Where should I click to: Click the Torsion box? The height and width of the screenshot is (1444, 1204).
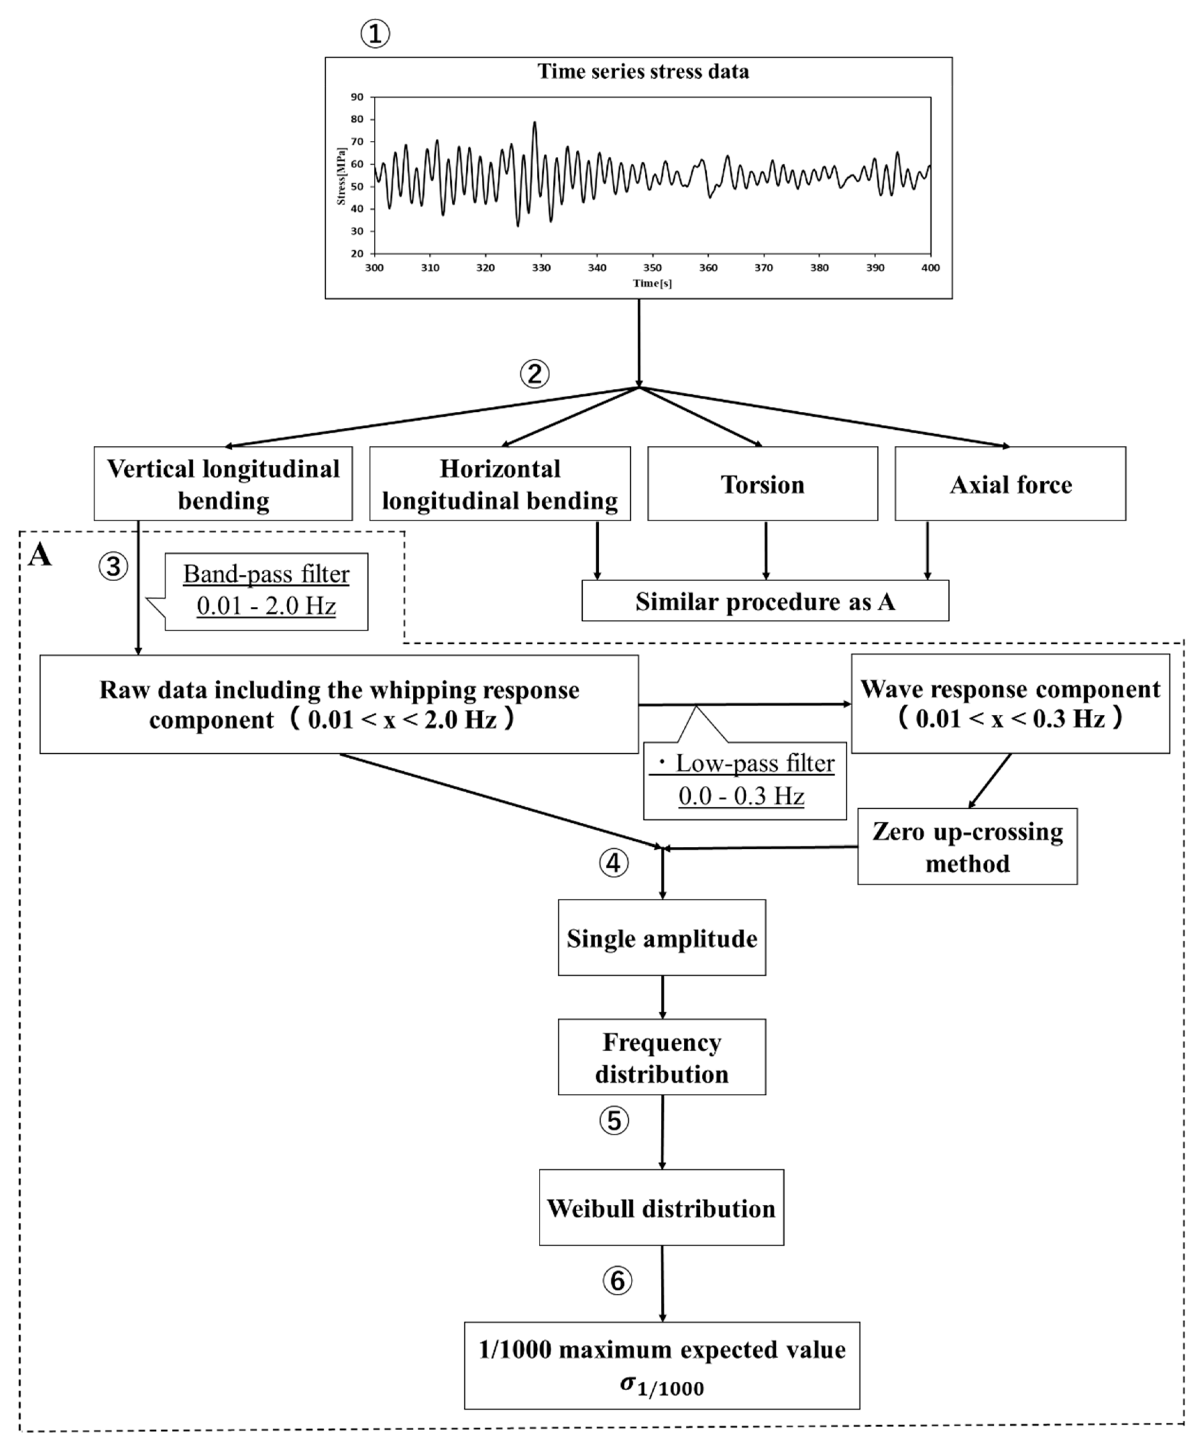tap(762, 484)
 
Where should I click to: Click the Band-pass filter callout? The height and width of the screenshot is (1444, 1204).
tap(266, 591)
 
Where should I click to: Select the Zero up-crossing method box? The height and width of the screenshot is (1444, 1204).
tap(967, 846)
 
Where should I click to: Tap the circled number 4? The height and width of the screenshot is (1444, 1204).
tap(613, 862)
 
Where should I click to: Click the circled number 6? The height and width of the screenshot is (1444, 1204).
tap(617, 1280)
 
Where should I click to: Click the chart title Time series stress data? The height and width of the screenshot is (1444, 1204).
tap(643, 71)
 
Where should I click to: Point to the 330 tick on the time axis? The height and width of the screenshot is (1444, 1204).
tap(541, 267)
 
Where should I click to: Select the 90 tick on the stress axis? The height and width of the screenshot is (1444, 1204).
tap(357, 97)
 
